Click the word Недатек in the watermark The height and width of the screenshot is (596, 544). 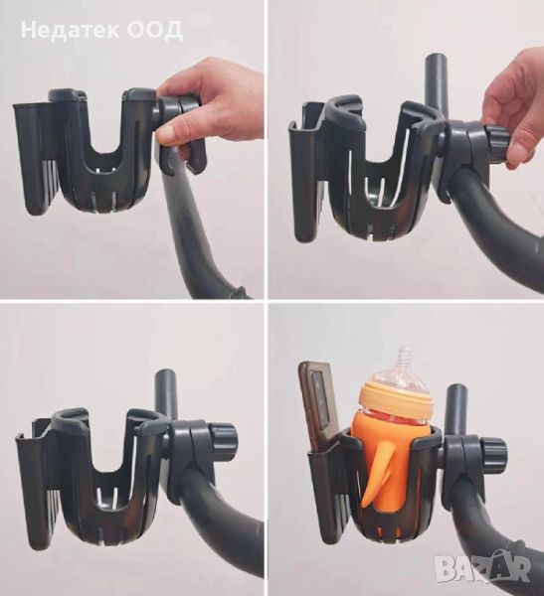tap(70, 30)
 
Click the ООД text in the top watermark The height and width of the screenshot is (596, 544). tap(154, 31)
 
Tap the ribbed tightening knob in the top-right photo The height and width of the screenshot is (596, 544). tap(497, 143)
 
